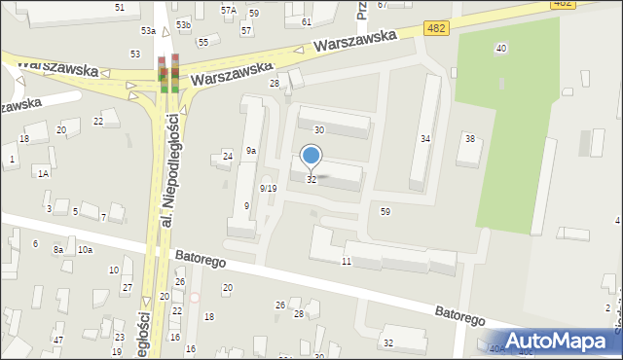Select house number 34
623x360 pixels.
[x=425, y=139]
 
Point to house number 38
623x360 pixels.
[x=470, y=139]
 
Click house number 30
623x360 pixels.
[x=318, y=129]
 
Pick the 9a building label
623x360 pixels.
[x=250, y=151]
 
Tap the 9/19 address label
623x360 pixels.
[x=269, y=188]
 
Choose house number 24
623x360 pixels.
[x=228, y=157]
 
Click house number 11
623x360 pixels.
[x=346, y=262]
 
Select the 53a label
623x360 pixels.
[x=148, y=31]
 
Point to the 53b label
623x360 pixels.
[x=183, y=24]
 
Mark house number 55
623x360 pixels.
[x=202, y=43]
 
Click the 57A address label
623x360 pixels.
[x=228, y=10]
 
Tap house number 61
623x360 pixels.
[x=307, y=21]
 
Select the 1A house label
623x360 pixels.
[x=43, y=173]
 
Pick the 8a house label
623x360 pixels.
[x=58, y=250]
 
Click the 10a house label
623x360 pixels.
[x=86, y=250]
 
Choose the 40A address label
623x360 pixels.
[x=497, y=348]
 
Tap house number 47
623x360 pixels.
[x=58, y=339]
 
